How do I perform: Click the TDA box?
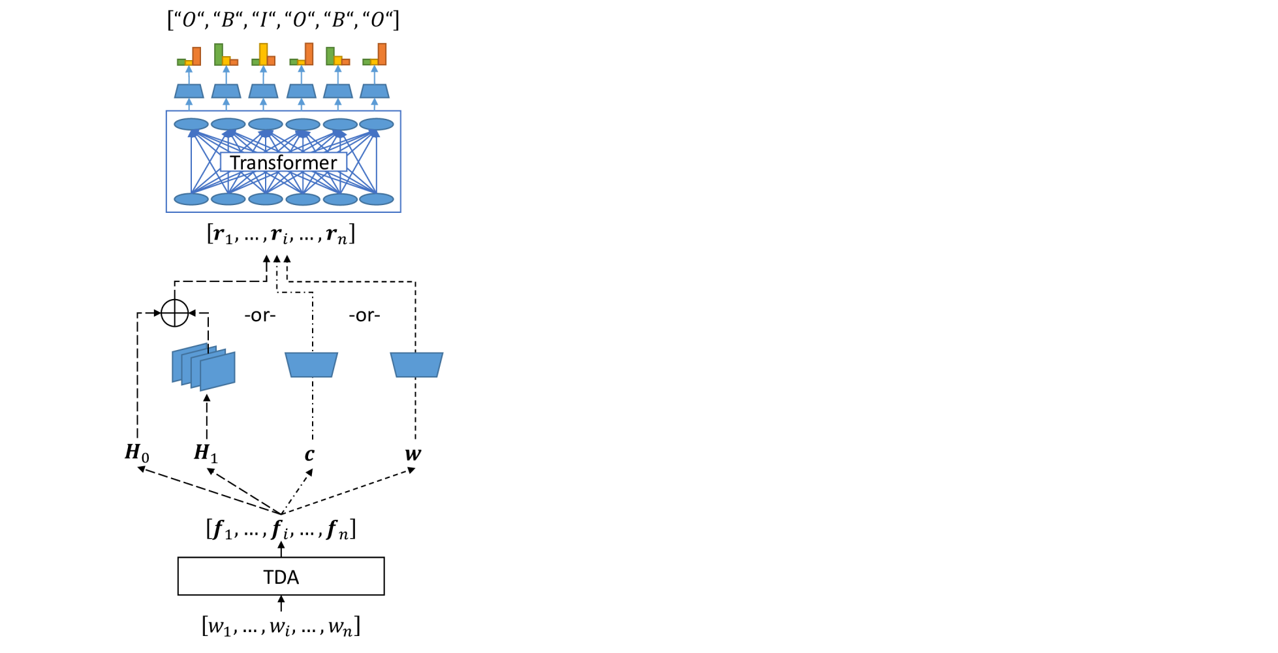pos(281,576)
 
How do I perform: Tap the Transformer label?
pos(283,162)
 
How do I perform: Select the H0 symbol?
pos(137,453)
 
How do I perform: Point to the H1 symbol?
pos(206,453)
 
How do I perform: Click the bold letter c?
pos(309,454)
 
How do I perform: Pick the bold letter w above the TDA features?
pos(413,454)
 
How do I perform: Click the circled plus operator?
pos(175,313)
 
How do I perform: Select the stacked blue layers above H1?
pos(204,367)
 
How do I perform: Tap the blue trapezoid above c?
pos(311,365)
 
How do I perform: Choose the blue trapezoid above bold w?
pos(416,365)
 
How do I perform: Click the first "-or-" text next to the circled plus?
pos(260,315)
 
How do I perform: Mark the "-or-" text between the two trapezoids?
pos(364,315)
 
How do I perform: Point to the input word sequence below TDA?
pos(281,626)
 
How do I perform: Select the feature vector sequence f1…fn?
pos(281,529)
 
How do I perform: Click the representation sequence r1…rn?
pos(281,234)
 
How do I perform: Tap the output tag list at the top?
pos(283,20)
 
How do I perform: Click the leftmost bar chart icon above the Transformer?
pos(189,56)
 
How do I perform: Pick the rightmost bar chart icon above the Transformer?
pos(375,55)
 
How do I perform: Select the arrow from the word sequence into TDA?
pos(281,603)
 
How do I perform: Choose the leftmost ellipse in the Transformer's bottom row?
pos(191,199)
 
